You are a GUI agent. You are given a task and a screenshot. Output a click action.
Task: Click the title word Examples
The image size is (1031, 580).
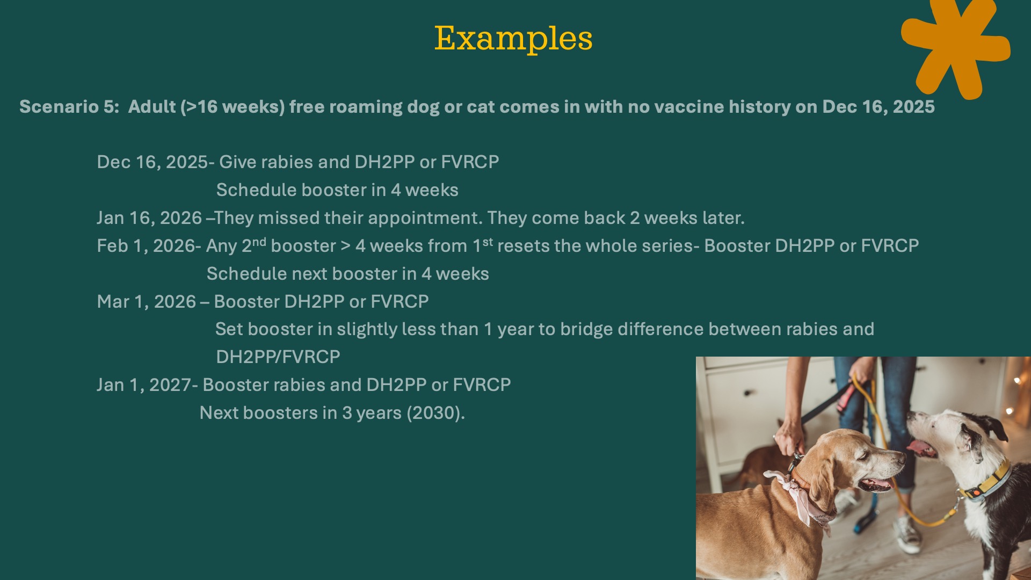[x=513, y=39]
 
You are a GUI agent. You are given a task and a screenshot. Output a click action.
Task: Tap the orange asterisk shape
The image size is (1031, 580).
[x=955, y=46]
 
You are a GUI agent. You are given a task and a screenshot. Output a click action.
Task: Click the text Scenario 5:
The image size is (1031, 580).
[x=69, y=106]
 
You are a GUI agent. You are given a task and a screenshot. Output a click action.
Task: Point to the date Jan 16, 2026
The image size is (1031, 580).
[x=149, y=218]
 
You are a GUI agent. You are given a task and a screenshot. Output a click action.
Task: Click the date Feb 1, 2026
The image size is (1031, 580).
[x=146, y=246]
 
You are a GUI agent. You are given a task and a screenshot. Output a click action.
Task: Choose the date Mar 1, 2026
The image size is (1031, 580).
[x=147, y=302]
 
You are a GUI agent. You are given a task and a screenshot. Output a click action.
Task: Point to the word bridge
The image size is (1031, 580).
[x=586, y=329]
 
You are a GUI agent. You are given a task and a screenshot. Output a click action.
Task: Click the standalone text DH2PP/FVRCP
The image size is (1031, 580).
[x=278, y=357]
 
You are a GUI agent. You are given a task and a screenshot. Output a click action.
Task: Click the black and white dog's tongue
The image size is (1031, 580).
[x=921, y=447]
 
